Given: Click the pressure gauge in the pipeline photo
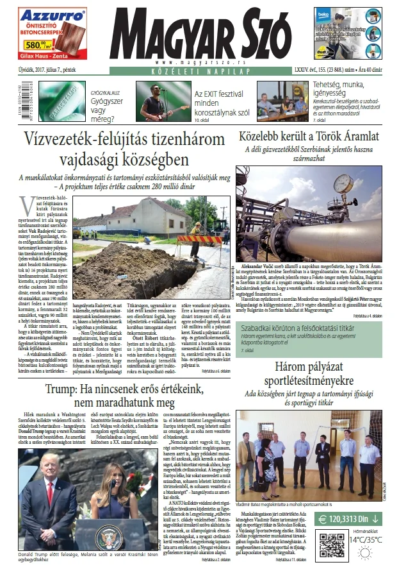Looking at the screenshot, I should [344, 182].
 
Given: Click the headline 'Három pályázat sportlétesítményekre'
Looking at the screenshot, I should [316, 368].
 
